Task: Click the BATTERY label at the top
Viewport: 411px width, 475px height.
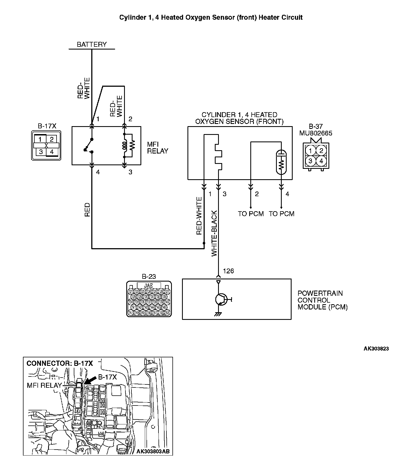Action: [x=92, y=45]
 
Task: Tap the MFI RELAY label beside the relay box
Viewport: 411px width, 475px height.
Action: [x=157, y=147]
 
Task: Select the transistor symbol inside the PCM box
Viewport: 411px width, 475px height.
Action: [x=221, y=299]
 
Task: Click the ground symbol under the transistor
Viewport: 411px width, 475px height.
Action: [x=218, y=314]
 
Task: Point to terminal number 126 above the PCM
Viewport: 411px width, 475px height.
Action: [x=228, y=271]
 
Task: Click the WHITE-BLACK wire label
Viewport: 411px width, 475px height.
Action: [x=214, y=233]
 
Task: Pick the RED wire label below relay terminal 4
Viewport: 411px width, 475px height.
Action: [x=87, y=210]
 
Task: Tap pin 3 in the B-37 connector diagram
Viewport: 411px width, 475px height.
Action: [x=310, y=161]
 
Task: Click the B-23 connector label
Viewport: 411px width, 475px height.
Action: [x=149, y=276]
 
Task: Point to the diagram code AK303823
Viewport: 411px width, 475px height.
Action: [x=376, y=349]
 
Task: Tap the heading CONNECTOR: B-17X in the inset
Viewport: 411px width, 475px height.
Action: [x=60, y=363]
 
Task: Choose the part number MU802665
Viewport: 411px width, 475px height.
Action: [x=316, y=133]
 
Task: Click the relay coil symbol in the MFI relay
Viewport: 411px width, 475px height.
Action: [x=125, y=146]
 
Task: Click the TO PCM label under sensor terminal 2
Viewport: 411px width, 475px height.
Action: [x=251, y=214]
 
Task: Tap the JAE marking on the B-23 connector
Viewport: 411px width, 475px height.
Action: [x=148, y=286]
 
